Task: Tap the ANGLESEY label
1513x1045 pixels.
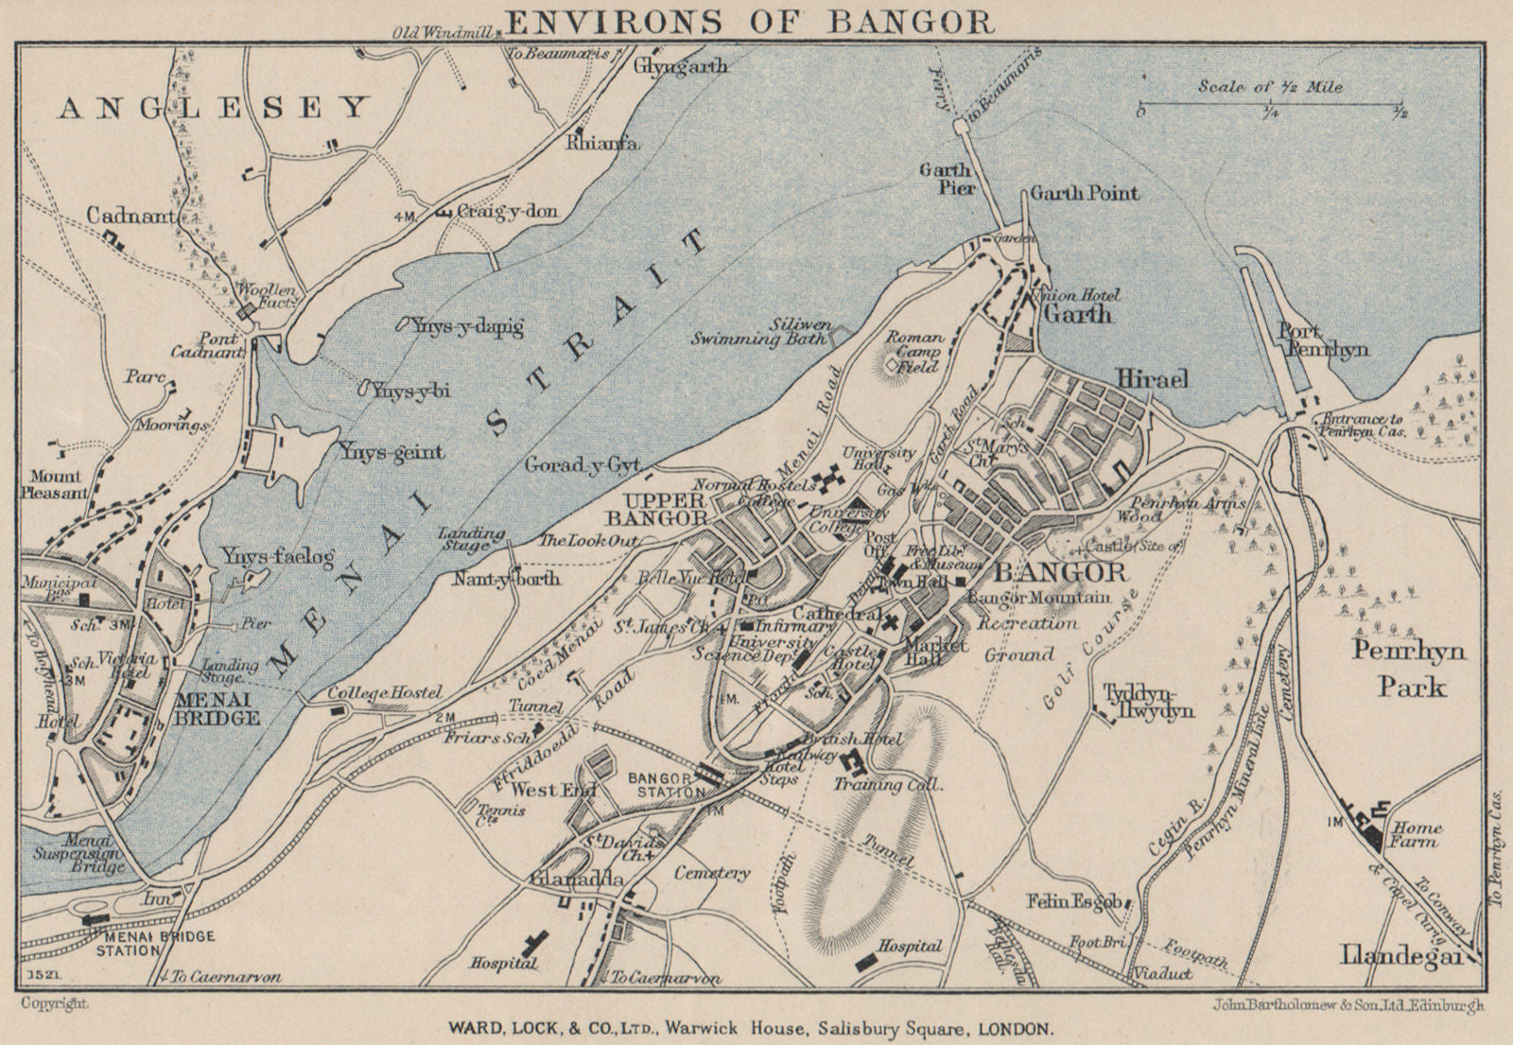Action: [x=212, y=108]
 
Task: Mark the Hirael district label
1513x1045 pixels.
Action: [x=1152, y=378]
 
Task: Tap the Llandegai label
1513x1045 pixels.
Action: [x=1402, y=957]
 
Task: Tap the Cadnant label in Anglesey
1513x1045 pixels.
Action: [x=132, y=217]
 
